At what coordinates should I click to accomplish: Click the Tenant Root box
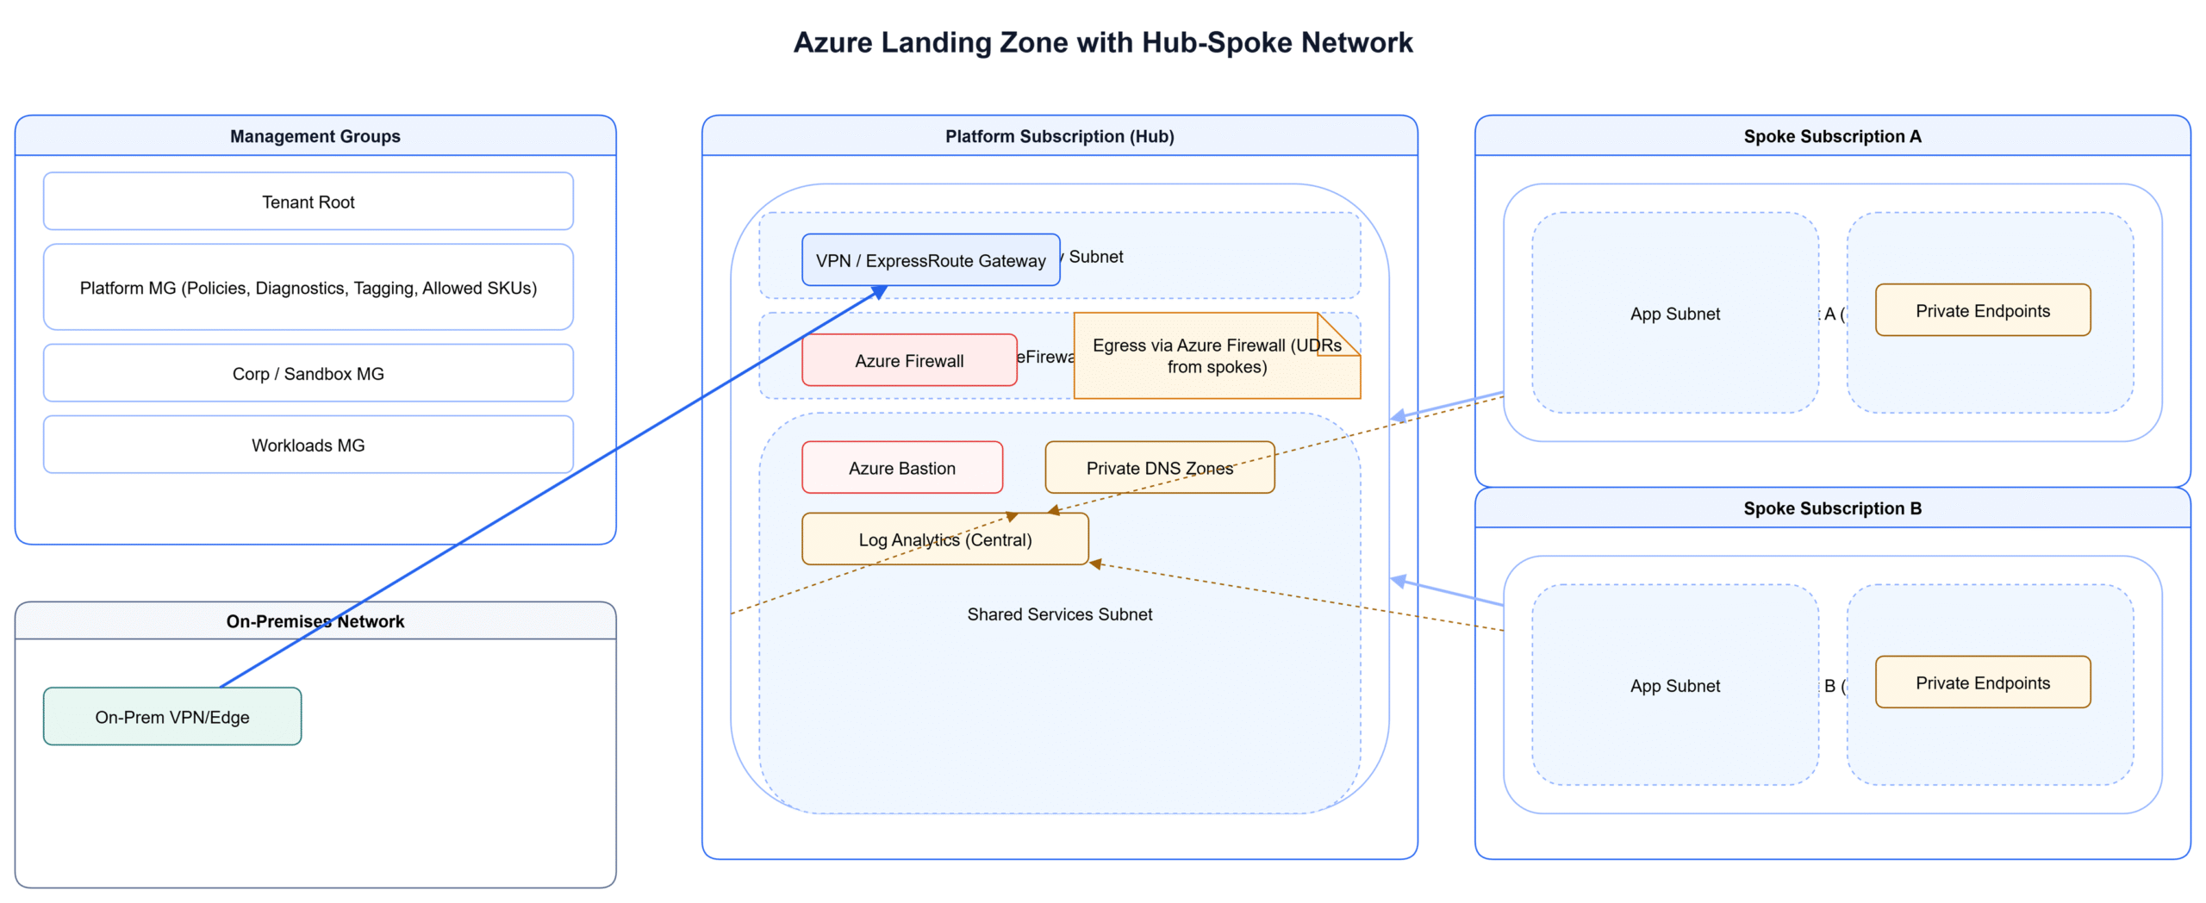pyautogui.click(x=308, y=201)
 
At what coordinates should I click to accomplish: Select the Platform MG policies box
pyautogui.click(x=308, y=287)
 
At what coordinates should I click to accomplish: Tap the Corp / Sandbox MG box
pyautogui.click(x=308, y=373)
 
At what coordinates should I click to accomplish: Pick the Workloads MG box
pyautogui.click(x=308, y=445)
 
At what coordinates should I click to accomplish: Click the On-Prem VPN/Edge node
pyautogui.click(x=171, y=716)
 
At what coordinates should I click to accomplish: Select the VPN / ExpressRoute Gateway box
pyautogui.click(x=930, y=260)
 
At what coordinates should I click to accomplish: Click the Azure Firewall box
pyautogui.click(x=908, y=360)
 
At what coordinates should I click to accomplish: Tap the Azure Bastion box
pyautogui.click(x=901, y=467)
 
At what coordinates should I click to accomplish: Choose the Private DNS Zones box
pyautogui.click(x=1158, y=467)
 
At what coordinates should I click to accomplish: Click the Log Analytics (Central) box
pyautogui.click(x=944, y=539)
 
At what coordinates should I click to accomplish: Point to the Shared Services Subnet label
pyautogui.click(x=1058, y=613)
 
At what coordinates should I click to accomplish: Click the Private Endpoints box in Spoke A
pyautogui.click(x=1981, y=310)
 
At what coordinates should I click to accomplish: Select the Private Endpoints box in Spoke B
pyautogui.click(x=1981, y=682)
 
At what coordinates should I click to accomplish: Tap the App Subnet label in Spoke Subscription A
pyautogui.click(x=1673, y=314)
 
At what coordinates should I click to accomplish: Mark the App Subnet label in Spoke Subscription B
pyautogui.click(x=1673, y=686)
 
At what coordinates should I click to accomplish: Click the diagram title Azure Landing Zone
pyautogui.click(x=1102, y=42)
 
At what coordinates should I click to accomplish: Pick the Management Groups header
pyautogui.click(x=315, y=135)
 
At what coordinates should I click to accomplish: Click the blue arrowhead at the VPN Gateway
pyautogui.click(x=879, y=293)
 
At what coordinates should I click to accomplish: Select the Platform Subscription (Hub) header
pyautogui.click(x=1058, y=135)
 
